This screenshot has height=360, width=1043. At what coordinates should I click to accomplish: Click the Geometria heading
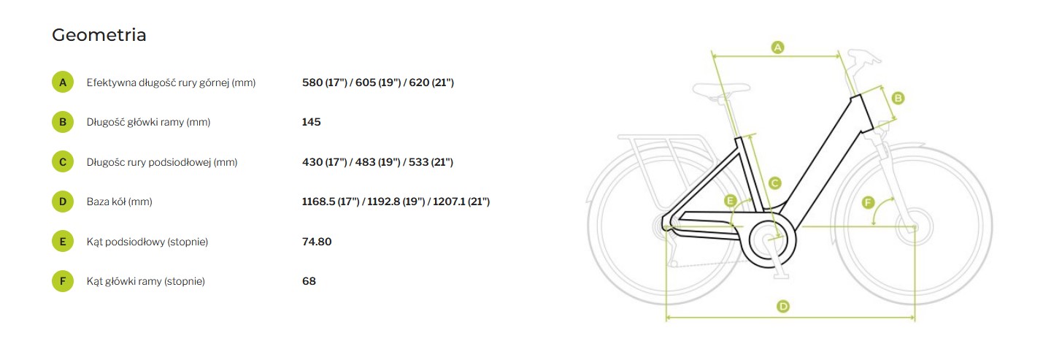click(99, 35)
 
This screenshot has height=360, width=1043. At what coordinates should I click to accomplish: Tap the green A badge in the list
click(63, 83)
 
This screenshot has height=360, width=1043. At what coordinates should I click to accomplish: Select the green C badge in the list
click(63, 162)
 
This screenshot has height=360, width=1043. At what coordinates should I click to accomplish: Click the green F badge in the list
click(63, 281)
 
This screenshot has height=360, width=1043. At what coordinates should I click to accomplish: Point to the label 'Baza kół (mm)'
click(119, 202)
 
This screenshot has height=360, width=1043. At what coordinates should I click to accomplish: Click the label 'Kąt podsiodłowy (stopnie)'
click(147, 242)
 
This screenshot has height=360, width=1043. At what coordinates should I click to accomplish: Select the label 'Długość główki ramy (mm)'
click(149, 122)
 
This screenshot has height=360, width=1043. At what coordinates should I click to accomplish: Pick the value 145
click(311, 122)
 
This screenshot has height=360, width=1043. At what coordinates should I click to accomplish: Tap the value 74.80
click(317, 242)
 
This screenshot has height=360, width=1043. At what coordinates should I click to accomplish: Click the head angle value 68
click(309, 281)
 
